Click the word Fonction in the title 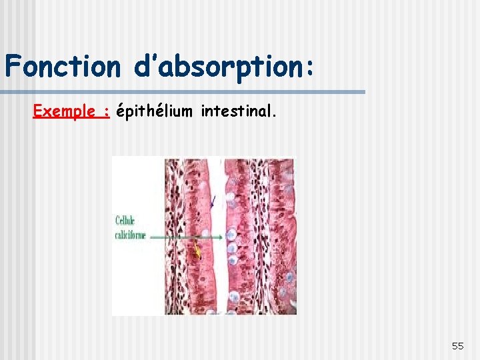pos(61,67)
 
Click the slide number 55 pos(457,345)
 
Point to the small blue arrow pos(213,201)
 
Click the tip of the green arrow pos(201,236)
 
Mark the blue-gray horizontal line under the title pos(183,92)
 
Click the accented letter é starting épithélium pos(120,112)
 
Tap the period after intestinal pos(273,116)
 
